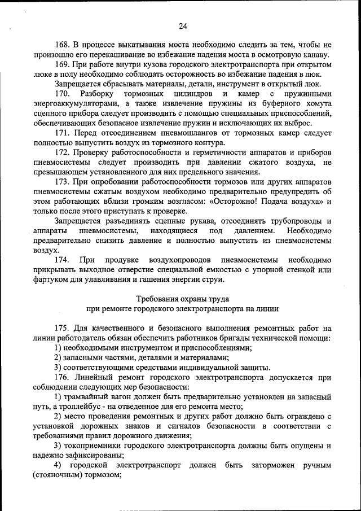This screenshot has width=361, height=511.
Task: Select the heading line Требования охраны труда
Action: coord(183,299)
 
